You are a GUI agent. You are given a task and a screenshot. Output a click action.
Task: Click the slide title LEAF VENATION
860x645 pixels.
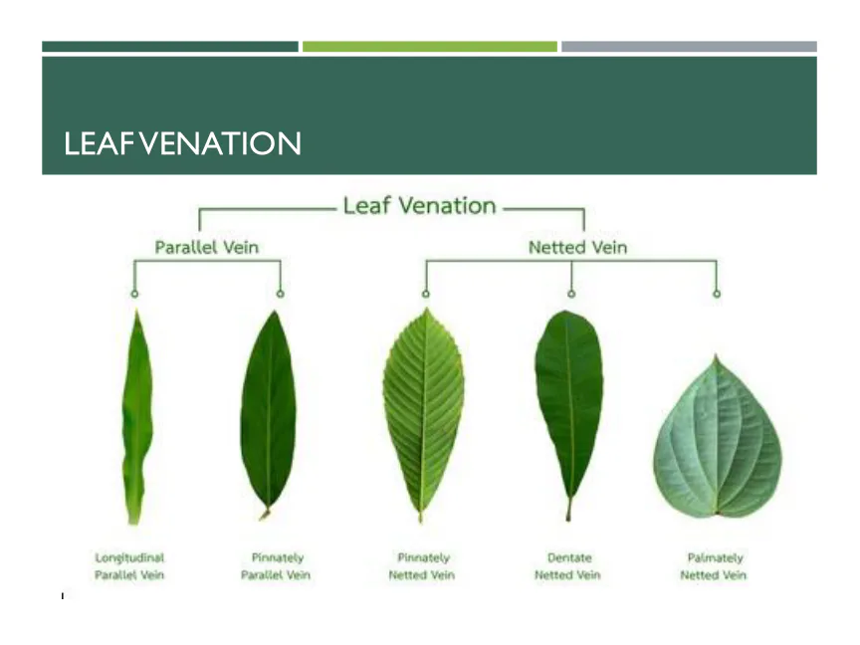pyautogui.click(x=182, y=143)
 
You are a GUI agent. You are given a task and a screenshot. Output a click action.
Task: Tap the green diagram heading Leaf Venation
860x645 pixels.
pyautogui.click(x=420, y=206)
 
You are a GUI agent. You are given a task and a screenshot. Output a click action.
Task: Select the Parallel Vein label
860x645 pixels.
pyautogui.click(x=206, y=248)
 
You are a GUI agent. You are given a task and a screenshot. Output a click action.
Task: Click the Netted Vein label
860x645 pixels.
pyautogui.click(x=577, y=248)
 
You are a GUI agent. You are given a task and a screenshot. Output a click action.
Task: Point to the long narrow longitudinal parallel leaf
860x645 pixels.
pyautogui.click(x=136, y=417)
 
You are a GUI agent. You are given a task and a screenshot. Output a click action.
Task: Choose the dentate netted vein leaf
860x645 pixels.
pyautogui.click(x=569, y=406)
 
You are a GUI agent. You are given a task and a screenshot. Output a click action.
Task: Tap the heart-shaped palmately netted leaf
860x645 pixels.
pyautogui.click(x=718, y=439)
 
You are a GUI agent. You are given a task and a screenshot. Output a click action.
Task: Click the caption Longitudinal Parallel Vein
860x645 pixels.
pyautogui.click(x=129, y=566)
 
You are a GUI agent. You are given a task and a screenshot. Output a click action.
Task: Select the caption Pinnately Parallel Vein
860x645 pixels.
pyautogui.click(x=276, y=566)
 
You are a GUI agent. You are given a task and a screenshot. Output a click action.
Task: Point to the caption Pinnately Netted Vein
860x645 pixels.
pyautogui.click(x=422, y=566)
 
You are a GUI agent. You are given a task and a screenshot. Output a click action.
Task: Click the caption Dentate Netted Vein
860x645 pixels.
pyautogui.click(x=567, y=566)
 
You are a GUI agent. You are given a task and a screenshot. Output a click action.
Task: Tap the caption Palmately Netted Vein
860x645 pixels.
pyautogui.click(x=714, y=566)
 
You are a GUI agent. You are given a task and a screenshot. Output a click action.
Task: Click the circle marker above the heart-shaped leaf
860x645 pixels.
pyautogui.click(x=717, y=294)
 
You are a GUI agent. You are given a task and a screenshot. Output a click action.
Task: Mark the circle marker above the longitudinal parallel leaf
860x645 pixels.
pyautogui.click(x=134, y=294)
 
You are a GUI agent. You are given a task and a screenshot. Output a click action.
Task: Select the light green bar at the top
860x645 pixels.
pyautogui.click(x=429, y=47)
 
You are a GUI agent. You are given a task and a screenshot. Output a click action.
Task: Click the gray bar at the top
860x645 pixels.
pyautogui.click(x=689, y=47)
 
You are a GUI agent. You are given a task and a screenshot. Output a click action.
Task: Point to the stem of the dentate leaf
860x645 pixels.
pyautogui.click(x=568, y=509)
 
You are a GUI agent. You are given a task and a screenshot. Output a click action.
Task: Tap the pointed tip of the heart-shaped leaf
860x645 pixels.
pyautogui.click(x=716, y=355)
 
